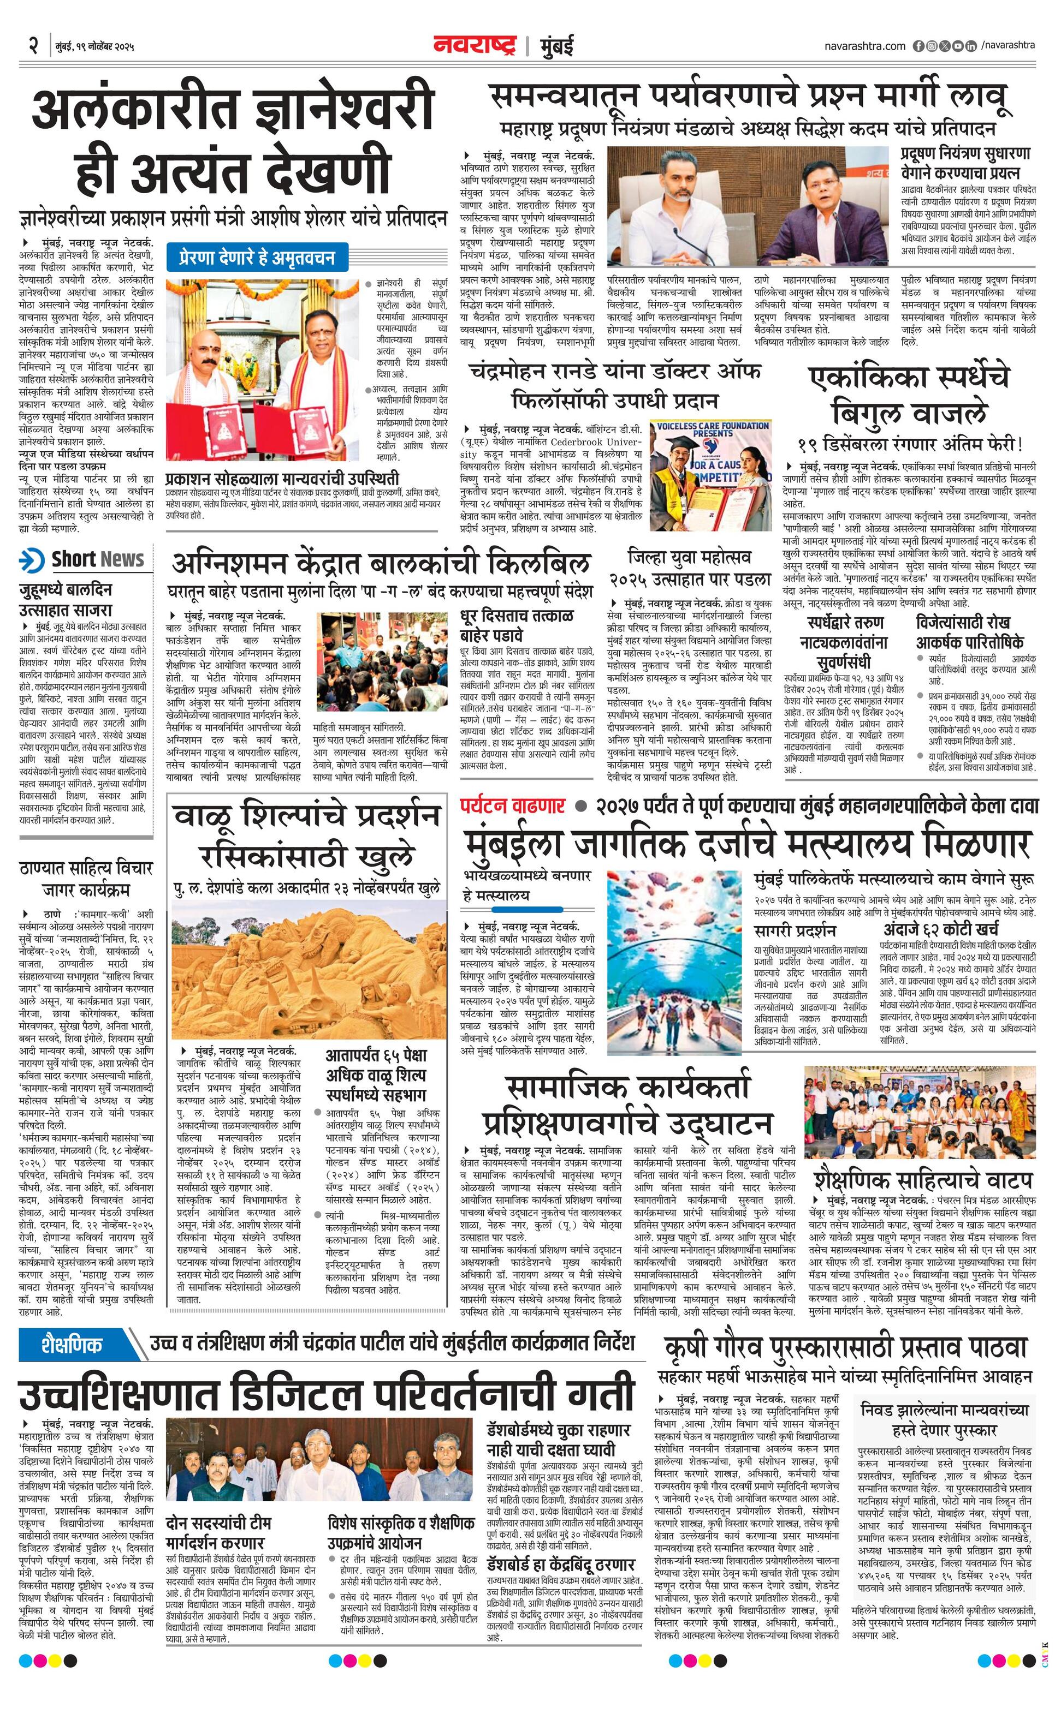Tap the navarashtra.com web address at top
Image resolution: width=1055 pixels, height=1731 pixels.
[864, 46]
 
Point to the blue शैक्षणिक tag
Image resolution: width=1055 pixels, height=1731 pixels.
[72, 1344]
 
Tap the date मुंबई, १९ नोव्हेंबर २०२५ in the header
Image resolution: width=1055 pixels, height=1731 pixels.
[94, 47]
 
